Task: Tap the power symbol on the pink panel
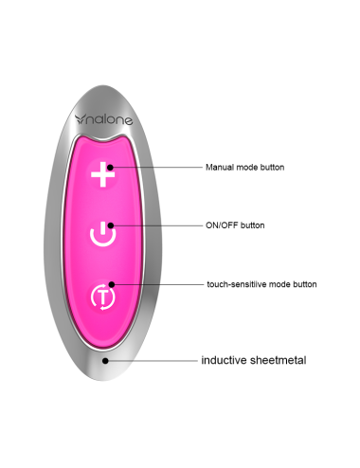[102, 234]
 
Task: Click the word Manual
[220, 168]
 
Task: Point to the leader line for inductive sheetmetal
[152, 361]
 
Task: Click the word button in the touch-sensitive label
[303, 284]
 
